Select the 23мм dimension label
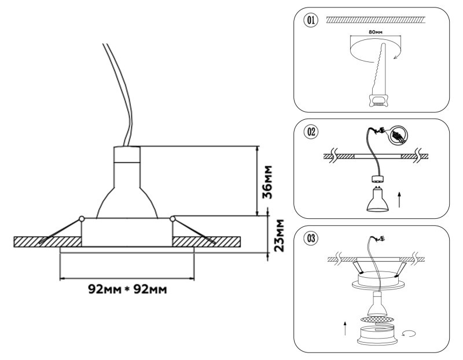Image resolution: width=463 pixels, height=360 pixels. point(280,236)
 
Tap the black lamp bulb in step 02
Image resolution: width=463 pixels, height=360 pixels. point(376,198)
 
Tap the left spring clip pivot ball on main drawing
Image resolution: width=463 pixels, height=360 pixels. point(82,218)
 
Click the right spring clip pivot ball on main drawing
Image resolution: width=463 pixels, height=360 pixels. point(172,218)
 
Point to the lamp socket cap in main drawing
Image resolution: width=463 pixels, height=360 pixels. point(127,155)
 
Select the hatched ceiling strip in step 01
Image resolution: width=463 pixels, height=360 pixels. point(376,20)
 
